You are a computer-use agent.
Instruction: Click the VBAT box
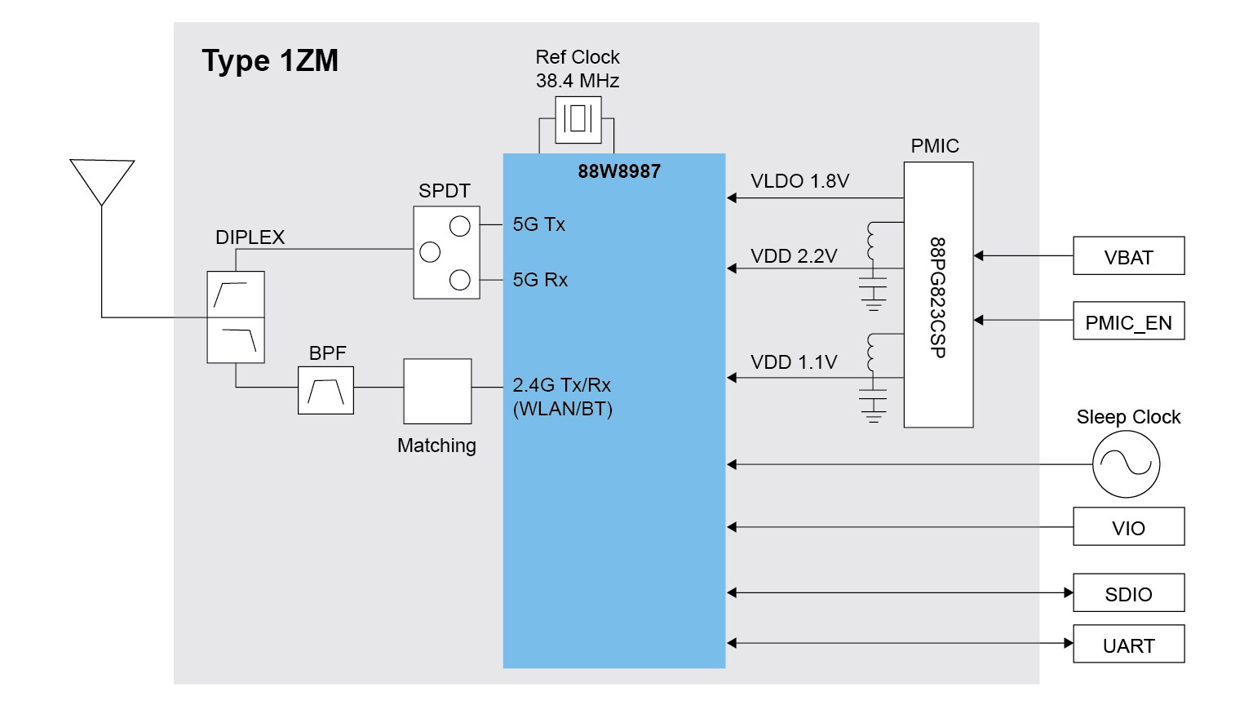pos(1128,256)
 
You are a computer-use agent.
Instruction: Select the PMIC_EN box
pos(1128,321)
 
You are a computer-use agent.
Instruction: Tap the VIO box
pos(1128,527)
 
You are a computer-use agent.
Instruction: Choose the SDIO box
pos(1128,593)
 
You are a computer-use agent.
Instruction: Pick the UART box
pos(1128,645)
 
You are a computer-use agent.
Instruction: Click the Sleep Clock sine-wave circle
pos(1126,464)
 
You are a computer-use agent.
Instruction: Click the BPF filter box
pos(325,391)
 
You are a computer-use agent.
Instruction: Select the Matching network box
pos(437,391)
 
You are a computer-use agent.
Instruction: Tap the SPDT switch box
pos(446,252)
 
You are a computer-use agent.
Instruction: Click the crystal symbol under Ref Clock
pos(578,119)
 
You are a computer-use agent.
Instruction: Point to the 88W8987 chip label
pos(619,171)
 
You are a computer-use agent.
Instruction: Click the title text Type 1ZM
pos(270,61)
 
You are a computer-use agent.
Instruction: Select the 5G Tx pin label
pos(538,224)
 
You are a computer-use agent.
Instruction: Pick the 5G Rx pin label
pos(540,280)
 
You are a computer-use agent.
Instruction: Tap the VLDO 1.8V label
pos(799,181)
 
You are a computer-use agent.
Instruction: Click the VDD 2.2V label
pos(794,256)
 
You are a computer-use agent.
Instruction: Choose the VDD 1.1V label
pos(794,362)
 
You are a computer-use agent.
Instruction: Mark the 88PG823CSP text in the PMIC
pos(938,297)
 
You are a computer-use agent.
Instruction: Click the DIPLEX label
pos(250,237)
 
